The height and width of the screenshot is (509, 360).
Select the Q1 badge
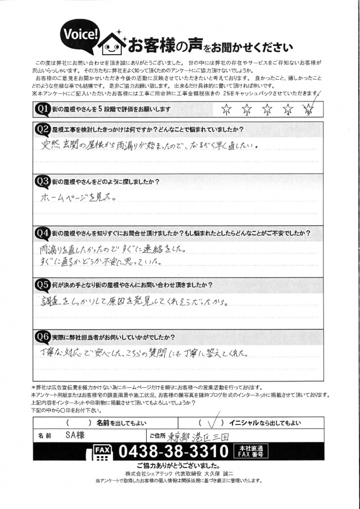pyautogui.click(x=43, y=109)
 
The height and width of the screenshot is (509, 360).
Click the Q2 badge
pyautogui.click(x=43, y=129)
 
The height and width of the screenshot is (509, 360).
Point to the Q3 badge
pyautogui.click(x=43, y=181)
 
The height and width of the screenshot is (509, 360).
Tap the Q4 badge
pyautogui.click(x=43, y=232)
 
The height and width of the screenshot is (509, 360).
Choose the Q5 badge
pyautogui.click(x=43, y=284)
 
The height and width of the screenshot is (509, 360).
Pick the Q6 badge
pyautogui.click(x=43, y=336)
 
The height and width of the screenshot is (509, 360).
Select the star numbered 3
pyautogui.click(x=267, y=110)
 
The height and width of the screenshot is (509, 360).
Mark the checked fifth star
pyautogui.click(x=308, y=109)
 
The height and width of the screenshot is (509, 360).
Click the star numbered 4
pyautogui.click(x=288, y=110)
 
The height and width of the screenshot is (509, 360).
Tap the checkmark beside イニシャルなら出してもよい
pyautogui.click(x=214, y=422)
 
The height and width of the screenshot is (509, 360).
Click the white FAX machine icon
pyautogui.click(x=101, y=453)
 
